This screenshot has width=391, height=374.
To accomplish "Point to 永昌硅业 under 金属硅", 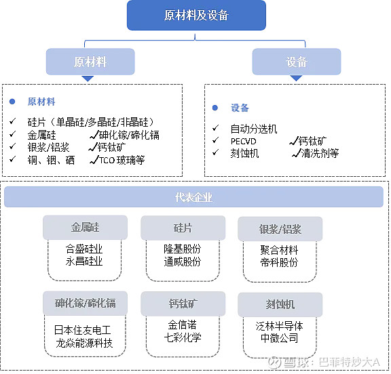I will coord(83,262).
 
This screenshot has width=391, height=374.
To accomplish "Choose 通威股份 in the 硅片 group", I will coord(181,262).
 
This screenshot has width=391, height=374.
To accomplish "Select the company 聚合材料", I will coord(279,250).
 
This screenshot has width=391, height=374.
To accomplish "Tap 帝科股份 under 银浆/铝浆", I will coord(279,262).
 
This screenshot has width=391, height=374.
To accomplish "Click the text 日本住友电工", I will coord(83,330).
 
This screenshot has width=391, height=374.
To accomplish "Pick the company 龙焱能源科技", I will coord(83,343).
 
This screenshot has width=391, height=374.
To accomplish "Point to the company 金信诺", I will coord(181,325).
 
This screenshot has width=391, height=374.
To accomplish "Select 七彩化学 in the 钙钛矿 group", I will coord(181,337).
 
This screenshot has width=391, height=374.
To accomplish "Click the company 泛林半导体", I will coord(279,325).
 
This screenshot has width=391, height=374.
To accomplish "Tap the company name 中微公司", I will coord(279,337).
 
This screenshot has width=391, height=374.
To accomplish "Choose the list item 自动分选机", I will coord(253,129).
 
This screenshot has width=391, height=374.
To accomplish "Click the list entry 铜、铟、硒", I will coord(50,160).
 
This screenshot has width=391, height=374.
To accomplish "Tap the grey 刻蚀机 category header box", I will coord(280,304).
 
